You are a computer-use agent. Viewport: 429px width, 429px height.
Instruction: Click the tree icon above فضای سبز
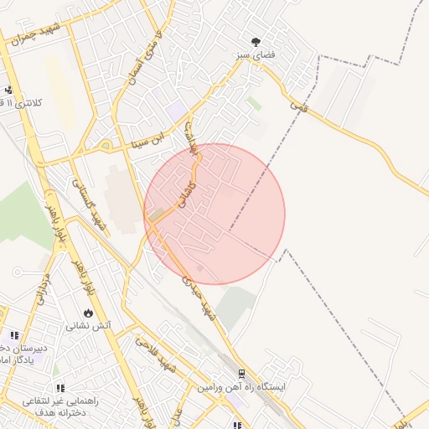(x=256, y=42)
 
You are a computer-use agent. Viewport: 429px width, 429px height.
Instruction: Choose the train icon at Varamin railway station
(x=241, y=375)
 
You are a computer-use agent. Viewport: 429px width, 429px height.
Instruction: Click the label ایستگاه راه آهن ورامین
(x=242, y=388)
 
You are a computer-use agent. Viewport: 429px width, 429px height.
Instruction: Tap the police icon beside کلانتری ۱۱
(x=8, y=90)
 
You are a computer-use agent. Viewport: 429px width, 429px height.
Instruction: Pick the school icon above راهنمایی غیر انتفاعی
(x=59, y=388)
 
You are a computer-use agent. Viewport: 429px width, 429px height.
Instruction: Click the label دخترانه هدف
(x=59, y=413)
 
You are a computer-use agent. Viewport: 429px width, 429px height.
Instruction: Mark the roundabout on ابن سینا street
(x=106, y=145)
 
